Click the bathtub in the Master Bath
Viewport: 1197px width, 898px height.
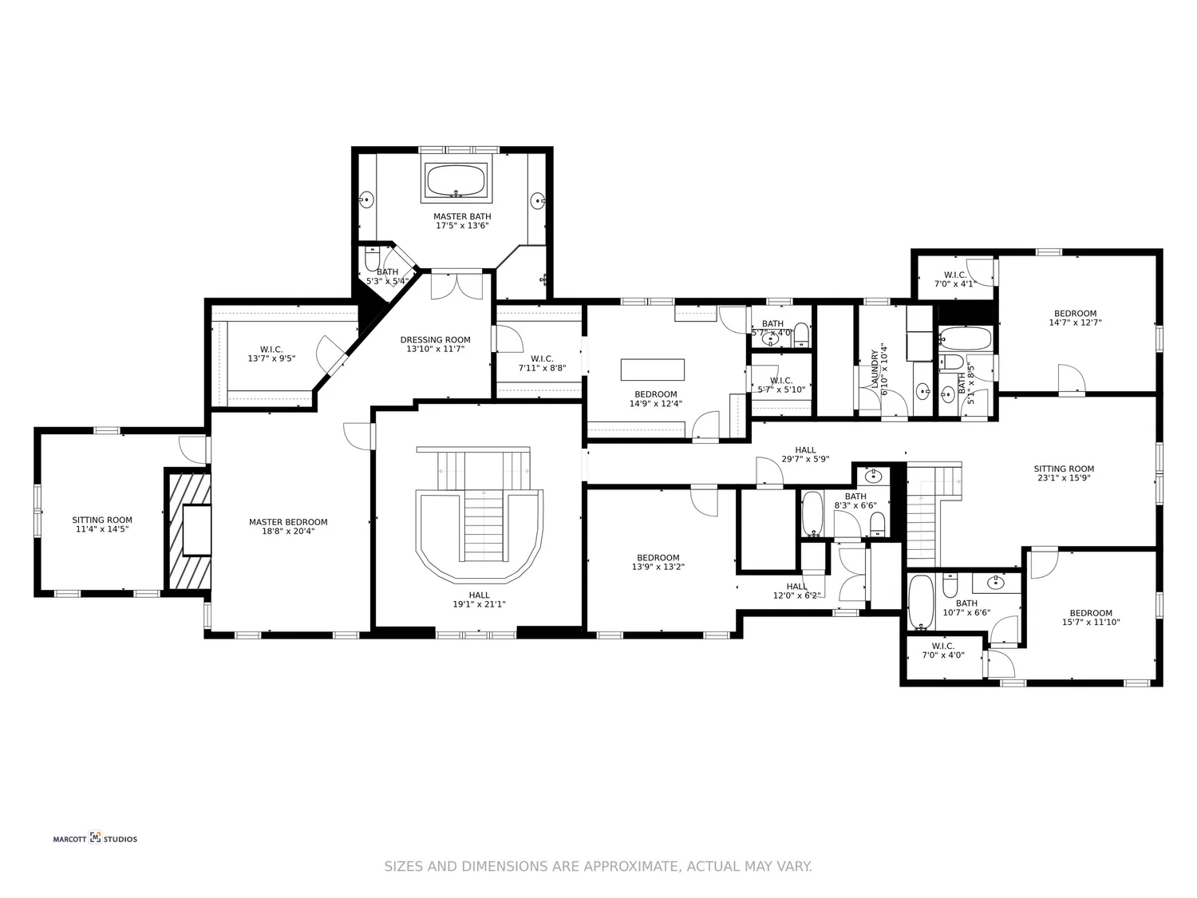[x=456, y=180]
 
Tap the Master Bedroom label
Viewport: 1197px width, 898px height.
[x=288, y=527]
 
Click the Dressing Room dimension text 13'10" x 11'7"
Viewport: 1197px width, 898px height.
[x=435, y=349]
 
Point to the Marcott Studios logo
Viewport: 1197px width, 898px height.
[x=95, y=838]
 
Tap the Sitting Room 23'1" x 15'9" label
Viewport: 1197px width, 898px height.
[x=1064, y=473]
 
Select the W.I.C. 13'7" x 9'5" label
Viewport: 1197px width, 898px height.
[x=271, y=354]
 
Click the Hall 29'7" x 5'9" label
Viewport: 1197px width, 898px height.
[x=805, y=454]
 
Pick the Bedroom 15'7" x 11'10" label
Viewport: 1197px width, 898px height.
[x=1091, y=618]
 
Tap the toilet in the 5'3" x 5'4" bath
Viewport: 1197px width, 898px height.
[x=372, y=259]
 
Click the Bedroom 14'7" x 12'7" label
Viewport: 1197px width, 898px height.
[x=1075, y=318]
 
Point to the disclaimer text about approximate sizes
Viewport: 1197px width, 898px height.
[x=598, y=866]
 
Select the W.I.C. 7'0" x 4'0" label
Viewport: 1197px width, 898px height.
[x=942, y=651]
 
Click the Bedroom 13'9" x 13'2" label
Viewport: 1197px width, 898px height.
[x=658, y=562]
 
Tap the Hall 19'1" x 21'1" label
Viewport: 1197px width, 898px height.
[x=479, y=599]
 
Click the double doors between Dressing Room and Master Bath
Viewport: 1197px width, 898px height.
[x=456, y=286]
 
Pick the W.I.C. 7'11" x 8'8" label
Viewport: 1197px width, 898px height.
[x=542, y=363]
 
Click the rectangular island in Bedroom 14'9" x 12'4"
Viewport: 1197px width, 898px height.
[x=653, y=370]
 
